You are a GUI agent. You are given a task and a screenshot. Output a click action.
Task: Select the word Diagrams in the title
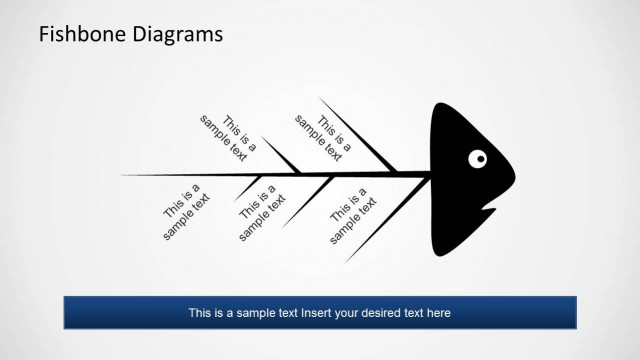[x=176, y=35]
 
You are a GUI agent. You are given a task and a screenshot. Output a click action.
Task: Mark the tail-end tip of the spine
[x=122, y=175]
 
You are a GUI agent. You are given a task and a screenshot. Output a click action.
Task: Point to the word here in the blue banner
[x=438, y=313]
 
